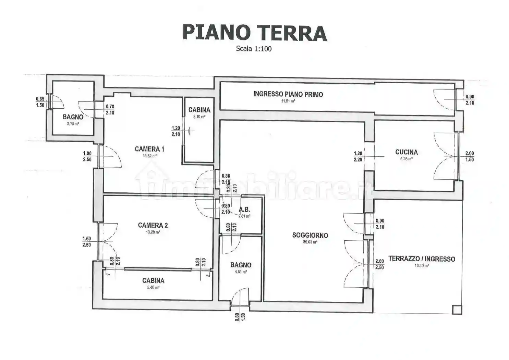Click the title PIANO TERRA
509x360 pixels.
click(254, 33)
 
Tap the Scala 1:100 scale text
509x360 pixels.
click(254, 49)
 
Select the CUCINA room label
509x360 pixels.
click(406, 152)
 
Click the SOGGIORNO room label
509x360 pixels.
click(310, 235)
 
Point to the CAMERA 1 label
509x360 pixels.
click(149, 149)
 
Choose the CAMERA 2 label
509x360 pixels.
click(153, 225)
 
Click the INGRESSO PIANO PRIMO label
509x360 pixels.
click(288, 94)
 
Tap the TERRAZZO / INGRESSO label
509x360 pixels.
click(422, 259)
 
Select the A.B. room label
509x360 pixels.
click(244, 210)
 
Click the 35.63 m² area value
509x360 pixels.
click(310, 242)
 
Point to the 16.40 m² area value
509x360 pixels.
click(422, 266)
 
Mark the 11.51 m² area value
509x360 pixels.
click(288, 101)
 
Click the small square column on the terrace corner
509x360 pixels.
click(457, 310)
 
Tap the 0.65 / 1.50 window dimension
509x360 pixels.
click(40, 102)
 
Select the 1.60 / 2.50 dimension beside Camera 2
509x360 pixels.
click(87, 242)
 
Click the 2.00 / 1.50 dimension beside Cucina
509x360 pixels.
click(469, 156)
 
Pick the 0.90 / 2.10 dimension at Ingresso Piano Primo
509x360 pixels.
click(470, 100)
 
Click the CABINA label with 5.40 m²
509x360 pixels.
click(153, 280)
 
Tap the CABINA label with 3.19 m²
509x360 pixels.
click(199, 110)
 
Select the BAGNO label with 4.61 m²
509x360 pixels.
click(241, 265)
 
